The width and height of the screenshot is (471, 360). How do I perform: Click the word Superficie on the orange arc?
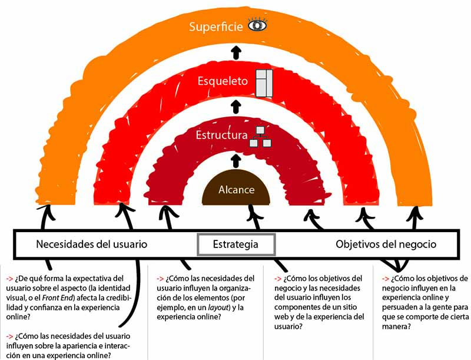215,27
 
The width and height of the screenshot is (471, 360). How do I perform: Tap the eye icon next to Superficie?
257,26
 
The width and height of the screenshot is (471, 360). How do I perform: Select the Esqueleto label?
222,81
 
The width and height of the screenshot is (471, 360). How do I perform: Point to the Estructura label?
221,136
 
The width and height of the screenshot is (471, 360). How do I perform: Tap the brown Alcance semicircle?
236,190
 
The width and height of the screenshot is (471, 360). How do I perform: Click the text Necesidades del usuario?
91,244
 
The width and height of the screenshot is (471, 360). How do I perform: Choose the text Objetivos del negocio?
386,244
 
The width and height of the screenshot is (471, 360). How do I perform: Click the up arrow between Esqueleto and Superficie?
236,52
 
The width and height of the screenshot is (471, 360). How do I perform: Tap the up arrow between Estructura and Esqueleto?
236,106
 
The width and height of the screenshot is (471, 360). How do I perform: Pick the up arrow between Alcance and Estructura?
236,159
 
